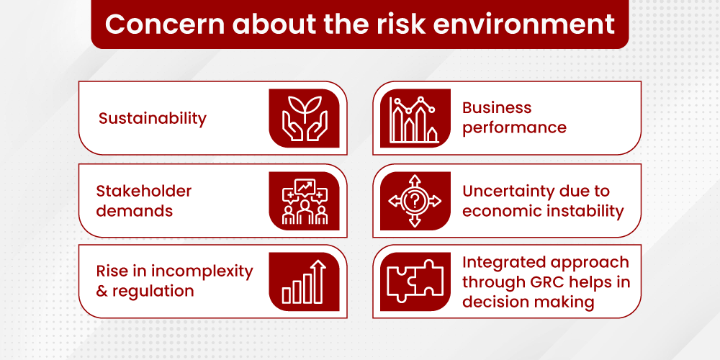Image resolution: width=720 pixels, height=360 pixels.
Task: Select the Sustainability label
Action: tap(153, 119)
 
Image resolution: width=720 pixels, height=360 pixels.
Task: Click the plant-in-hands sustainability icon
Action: tap(304, 118)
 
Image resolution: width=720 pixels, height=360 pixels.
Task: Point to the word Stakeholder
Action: tap(144, 191)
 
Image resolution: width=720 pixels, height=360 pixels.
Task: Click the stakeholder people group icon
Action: tap(304, 201)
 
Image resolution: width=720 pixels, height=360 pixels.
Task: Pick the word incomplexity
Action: tap(202, 272)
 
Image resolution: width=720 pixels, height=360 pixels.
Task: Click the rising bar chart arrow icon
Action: tap(304, 282)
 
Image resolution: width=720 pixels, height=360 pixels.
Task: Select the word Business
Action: tap(497, 108)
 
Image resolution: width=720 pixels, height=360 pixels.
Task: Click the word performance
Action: tap(514, 128)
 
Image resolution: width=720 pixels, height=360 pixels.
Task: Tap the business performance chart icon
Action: tap(413, 119)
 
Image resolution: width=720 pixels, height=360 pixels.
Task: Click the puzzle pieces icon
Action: tap(415, 280)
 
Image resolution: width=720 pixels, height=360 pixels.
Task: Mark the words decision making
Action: tap(528, 302)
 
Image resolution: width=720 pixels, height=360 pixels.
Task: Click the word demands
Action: tap(135, 211)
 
